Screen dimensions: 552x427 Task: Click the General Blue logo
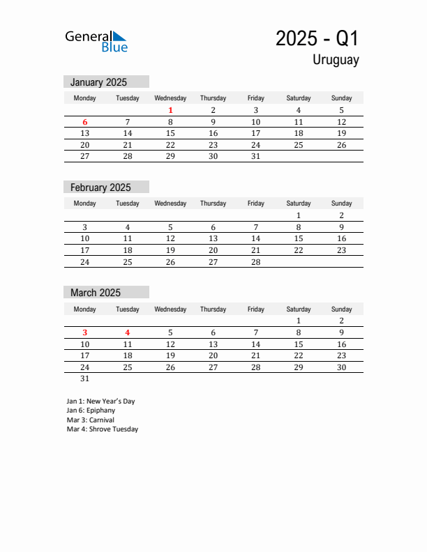point(96,41)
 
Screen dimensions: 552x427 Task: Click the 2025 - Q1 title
point(317,38)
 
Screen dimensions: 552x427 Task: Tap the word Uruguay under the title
point(336,60)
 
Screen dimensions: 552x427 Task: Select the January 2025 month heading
point(98,82)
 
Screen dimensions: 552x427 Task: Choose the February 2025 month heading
point(100,187)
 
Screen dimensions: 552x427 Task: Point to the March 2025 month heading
point(96,293)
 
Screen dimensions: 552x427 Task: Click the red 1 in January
point(170,110)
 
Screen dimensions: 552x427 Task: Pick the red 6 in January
point(85,122)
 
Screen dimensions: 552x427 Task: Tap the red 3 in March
point(85,332)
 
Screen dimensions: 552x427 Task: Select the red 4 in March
point(128,332)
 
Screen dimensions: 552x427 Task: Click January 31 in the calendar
point(255,157)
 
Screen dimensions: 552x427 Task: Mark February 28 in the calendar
point(255,262)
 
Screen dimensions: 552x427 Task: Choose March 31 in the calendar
point(85,379)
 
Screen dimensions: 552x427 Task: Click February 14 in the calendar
point(255,238)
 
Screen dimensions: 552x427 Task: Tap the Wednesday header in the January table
point(170,98)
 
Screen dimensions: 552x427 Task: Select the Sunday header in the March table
point(341,309)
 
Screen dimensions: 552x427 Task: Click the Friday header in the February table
point(255,204)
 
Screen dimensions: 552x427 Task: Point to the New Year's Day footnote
point(100,401)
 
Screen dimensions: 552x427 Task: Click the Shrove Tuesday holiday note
point(103,429)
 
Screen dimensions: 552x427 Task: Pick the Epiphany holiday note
point(91,411)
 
